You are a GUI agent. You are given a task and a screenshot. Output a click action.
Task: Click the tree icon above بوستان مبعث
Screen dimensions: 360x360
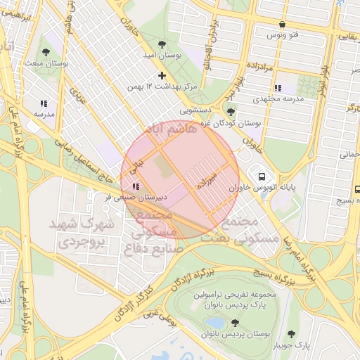click(x=46, y=52)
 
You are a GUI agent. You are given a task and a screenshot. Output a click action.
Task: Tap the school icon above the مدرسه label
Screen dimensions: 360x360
click(x=44, y=102)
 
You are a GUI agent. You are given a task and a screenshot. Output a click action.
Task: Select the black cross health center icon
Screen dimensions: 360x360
click(x=162, y=75)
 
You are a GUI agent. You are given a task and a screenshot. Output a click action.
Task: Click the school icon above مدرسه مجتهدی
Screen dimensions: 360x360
click(x=278, y=88)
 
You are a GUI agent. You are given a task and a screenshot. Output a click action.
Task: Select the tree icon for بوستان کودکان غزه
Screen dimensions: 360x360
click(x=231, y=112)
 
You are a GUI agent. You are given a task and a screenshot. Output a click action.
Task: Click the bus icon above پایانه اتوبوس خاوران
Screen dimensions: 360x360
click(x=262, y=176)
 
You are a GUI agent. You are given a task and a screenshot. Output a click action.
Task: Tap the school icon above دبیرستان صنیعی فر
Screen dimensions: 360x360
click(x=135, y=187)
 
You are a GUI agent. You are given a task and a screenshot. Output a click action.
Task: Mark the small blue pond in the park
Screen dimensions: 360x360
click(x=213, y=323)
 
